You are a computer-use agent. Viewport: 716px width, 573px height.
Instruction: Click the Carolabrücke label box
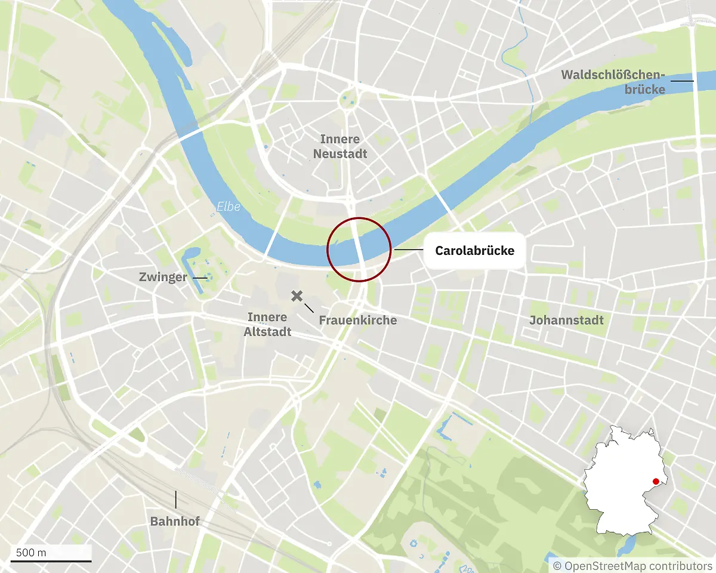point(474,251)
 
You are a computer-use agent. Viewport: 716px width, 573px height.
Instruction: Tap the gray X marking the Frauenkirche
point(297,296)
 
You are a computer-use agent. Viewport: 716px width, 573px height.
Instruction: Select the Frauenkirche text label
point(357,321)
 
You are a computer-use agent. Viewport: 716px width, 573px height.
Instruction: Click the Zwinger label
point(163,278)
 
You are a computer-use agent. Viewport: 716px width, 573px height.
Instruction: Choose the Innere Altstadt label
point(267,324)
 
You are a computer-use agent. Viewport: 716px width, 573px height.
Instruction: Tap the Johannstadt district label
point(566,321)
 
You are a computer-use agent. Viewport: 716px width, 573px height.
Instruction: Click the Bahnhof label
point(174,522)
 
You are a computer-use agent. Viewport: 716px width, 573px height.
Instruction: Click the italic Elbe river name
point(229,207)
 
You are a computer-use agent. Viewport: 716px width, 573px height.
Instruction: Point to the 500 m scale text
point(31,552)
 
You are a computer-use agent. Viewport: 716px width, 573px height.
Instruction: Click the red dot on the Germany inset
point(655,482)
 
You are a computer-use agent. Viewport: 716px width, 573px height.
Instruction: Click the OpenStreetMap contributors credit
point(632,565)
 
